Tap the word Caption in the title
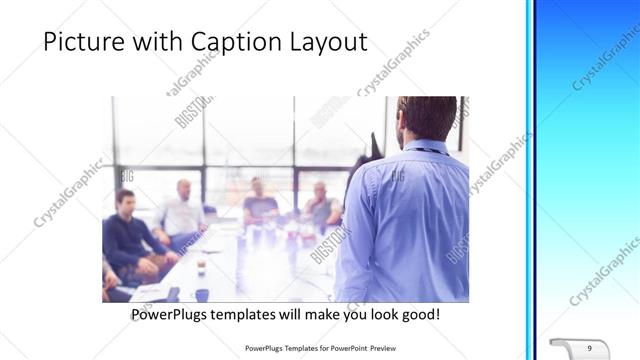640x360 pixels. tap(241, 43)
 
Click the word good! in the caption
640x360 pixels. tap(417, 314)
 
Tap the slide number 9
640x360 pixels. tap(589, 347)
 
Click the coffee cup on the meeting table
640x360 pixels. tap(200, 264)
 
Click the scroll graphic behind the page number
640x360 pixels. tap(579, 347)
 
